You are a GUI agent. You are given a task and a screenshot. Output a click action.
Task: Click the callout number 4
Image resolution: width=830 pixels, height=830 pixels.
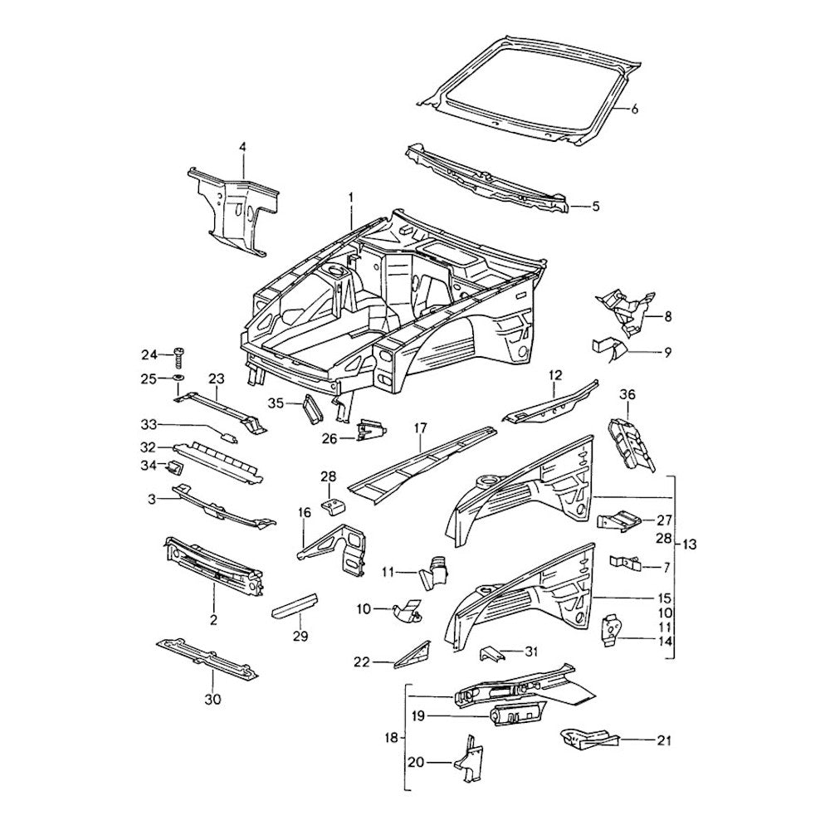pyautogui.click(x=242, y=147)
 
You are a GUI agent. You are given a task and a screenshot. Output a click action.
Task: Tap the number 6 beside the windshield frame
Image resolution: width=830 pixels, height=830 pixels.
pyautogui.click(x=635, y=110)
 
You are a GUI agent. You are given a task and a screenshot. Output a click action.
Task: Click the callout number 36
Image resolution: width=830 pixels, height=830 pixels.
pyautogui.click(x=627, y=394)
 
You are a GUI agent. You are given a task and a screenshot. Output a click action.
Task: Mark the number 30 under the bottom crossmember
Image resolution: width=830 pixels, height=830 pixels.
pyautogui.click(x=213, y=700)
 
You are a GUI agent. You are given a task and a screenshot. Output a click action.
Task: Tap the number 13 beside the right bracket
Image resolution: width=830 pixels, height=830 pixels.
pyautogui.click(x=690, y=544)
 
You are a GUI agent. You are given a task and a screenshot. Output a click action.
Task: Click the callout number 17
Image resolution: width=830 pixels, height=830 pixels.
pyautogui.click(x=421, y=428)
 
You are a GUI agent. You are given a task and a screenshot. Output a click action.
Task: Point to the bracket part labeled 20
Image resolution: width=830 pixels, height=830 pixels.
pyautogui.click(x=465, y=759)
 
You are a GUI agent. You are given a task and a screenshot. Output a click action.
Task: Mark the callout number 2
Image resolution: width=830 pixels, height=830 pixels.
pyautogui.click(x=213, y=619)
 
